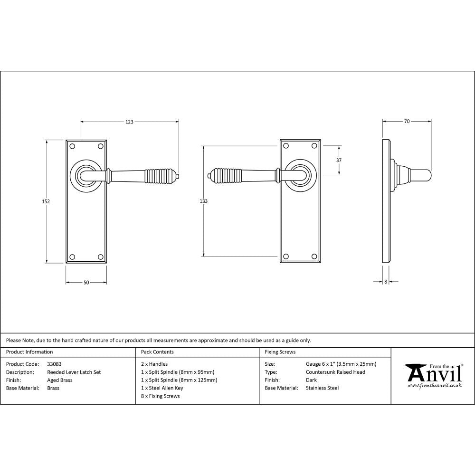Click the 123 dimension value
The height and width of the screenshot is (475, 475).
[x=129, y=122]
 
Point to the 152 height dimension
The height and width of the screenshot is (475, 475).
[x=46, y=201]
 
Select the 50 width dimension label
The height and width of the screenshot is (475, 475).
[x=86, y=283]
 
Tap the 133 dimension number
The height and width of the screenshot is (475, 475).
[x=203, y=201]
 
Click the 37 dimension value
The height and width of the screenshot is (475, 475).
[x=339, y=161]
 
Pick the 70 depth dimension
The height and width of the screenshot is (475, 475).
[x=407, y=122]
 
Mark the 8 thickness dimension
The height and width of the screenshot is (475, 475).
[x=386, y=282]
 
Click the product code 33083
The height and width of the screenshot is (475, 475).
[x=54, y=364]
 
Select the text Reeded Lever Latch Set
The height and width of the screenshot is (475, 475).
[x=74, y=372]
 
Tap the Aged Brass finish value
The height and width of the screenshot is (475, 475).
[x=60, y=380]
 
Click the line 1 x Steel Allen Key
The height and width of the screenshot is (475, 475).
[x=162, y=388]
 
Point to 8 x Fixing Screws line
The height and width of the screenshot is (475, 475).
[x=161, y=396]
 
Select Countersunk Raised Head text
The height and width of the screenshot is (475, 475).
[x=335, y=372]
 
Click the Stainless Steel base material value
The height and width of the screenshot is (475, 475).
[x=322, y=388]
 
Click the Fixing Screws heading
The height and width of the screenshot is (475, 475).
[x=280, y=352]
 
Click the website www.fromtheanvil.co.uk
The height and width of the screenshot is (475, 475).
[x=435, y=386]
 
